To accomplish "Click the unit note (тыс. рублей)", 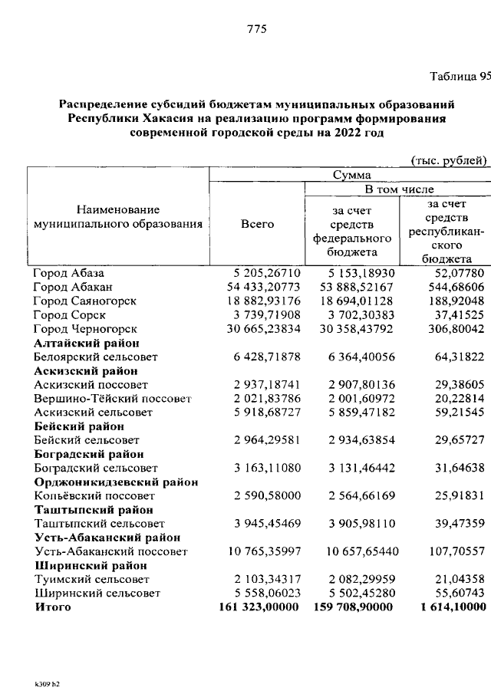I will (449, 160).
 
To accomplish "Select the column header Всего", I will (257, 224).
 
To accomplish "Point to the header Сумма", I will (351, 176).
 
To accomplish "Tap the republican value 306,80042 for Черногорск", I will (454, 328).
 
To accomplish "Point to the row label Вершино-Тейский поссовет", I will (112, 399).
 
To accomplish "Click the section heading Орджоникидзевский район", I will (117, 482).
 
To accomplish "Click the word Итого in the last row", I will (52, 607).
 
